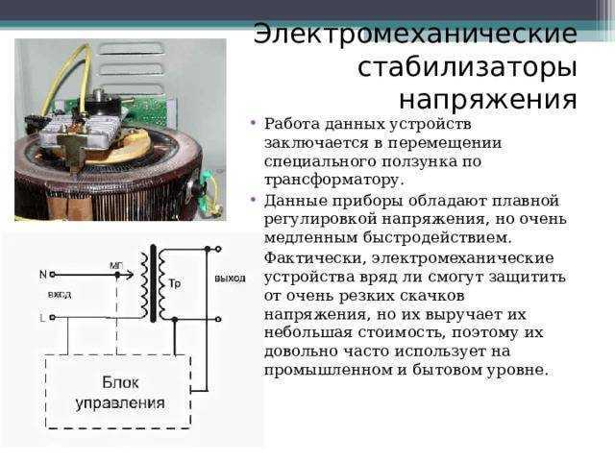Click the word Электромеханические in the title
[415, 35]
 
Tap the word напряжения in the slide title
[488, 100]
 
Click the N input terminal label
[43, 275]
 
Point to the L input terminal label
[42, 318]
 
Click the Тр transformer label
[175, 283]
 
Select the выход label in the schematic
[230, 279]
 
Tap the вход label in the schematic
[60, 295]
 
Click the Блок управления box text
[120, 393]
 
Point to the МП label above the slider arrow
[116, 266]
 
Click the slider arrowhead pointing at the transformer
[131, 276]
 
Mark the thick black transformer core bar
[153, 283]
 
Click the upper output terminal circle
[218, 249]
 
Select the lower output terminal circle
[218, 320]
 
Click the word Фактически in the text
[315, 258]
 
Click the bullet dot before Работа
[254, 124]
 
